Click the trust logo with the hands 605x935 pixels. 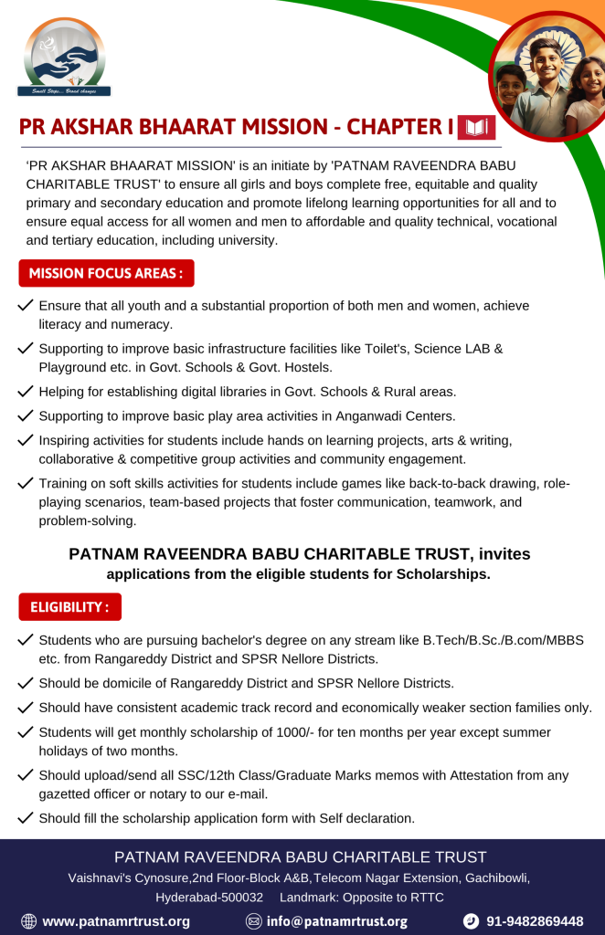[64, 57]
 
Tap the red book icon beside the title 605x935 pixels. [476, 127]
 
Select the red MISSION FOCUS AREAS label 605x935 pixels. [106, 273]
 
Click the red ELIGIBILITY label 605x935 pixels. [69, 606]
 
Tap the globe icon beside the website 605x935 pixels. [28, 921]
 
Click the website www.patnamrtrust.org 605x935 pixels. [116, 921]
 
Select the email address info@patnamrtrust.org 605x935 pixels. [336, 921]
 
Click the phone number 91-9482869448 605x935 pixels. [535, 921]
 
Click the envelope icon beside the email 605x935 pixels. [254, 921]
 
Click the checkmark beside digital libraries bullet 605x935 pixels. [26, 391]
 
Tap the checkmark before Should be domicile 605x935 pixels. [26, 682]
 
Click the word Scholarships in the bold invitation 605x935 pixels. [443, 574]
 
